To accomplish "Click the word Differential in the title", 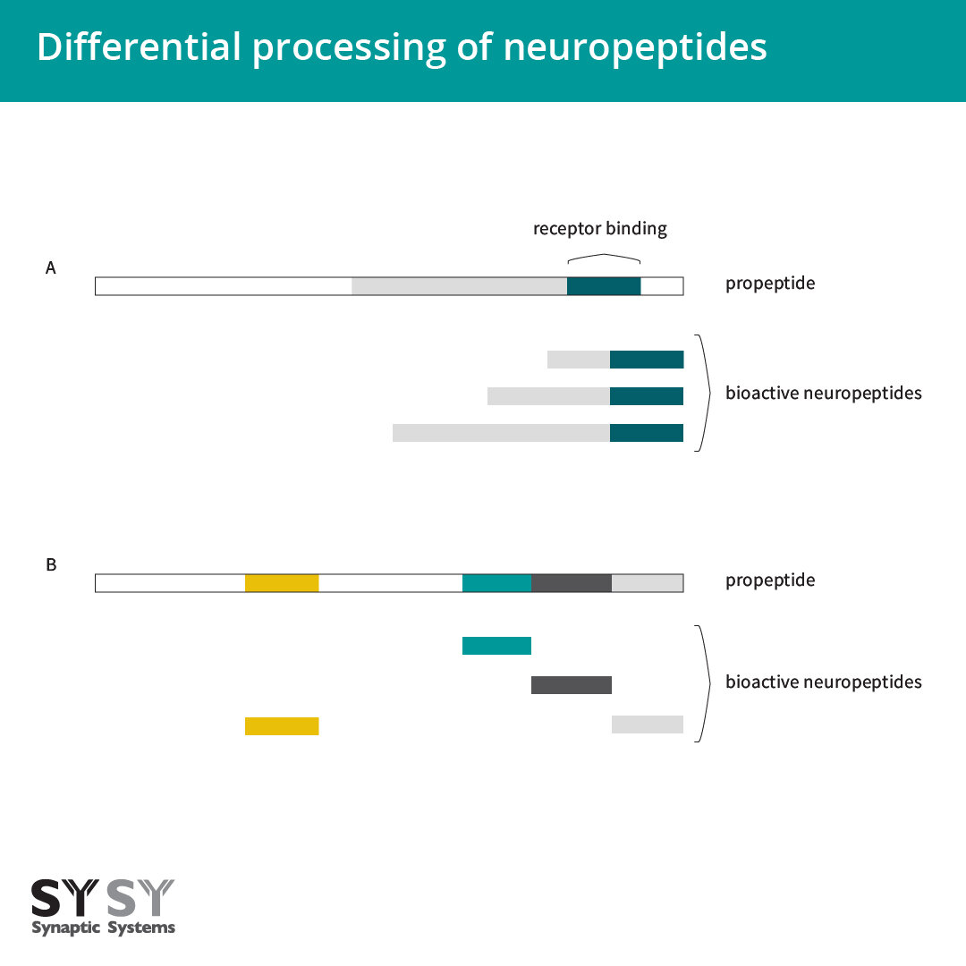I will coord(139,47).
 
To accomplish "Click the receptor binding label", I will coord(599,228).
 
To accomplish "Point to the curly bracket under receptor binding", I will coord(604,258).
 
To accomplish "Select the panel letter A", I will coord(51,267).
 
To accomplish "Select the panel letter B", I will coord(51,564).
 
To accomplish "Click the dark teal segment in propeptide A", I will coord(604,286).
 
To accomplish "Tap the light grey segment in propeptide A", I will coord(459,286).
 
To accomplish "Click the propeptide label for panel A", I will coord(769,284).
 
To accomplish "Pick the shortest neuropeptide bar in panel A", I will coord(615,360).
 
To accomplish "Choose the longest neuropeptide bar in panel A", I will coord(538,433).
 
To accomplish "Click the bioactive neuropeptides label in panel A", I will coord(823,393).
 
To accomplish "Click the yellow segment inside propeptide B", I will coord(282,582).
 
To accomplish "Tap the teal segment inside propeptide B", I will coord(496,582).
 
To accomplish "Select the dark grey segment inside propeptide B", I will coord(571,582).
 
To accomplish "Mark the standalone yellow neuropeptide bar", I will coord(282,726).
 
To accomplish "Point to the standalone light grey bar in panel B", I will coord(647,724).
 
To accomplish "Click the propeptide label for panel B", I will coord(769,580).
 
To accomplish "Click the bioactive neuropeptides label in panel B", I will coord(823,682).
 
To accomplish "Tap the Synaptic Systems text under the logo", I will coord(103,928).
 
